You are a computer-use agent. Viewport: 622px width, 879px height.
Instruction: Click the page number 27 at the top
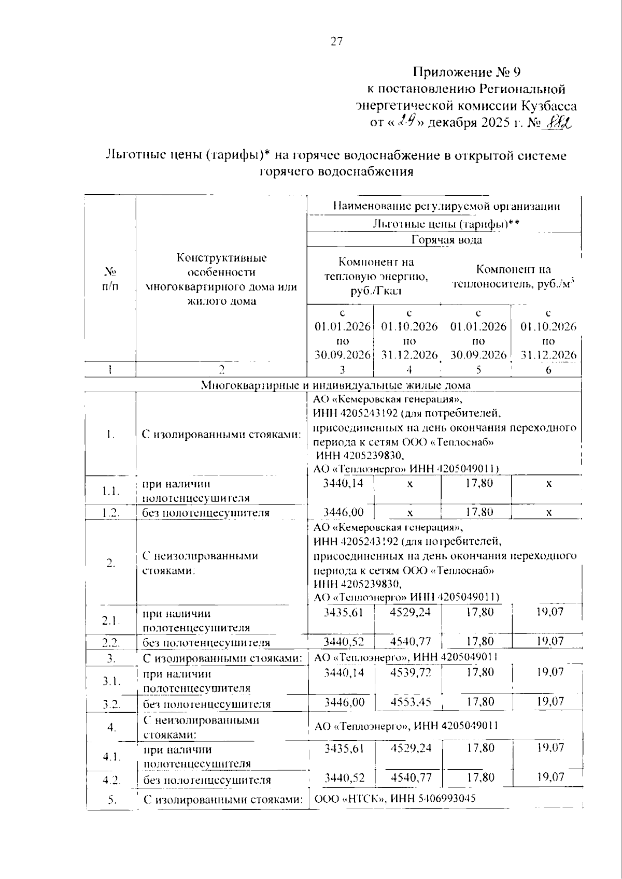(337, 42)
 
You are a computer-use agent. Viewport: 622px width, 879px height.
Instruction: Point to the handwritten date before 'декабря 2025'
(408, 122)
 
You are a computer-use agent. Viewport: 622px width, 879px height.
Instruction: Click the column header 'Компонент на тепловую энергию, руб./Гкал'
(376, 276)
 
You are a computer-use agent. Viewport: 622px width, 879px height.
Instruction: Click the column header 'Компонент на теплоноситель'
(513, 276)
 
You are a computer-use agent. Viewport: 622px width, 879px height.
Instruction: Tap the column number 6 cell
(548, 370)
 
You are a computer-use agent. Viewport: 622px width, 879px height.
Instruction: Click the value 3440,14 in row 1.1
(343, 483)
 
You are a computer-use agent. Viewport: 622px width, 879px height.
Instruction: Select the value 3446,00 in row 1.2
(343, 512)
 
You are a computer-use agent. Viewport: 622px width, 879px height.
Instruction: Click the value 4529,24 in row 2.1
(409, 612)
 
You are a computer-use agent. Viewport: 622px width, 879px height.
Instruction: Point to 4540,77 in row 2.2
(410, 642)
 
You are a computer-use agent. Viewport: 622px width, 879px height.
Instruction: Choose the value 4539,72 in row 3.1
(410, 672)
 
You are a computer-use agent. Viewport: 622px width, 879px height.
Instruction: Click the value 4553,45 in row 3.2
(410, 702)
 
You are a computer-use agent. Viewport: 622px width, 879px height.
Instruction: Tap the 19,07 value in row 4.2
(550, 777)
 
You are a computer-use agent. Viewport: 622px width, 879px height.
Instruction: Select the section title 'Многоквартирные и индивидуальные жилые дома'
(336, 385)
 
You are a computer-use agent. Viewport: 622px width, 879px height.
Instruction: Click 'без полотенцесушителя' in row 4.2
(207, 780)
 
